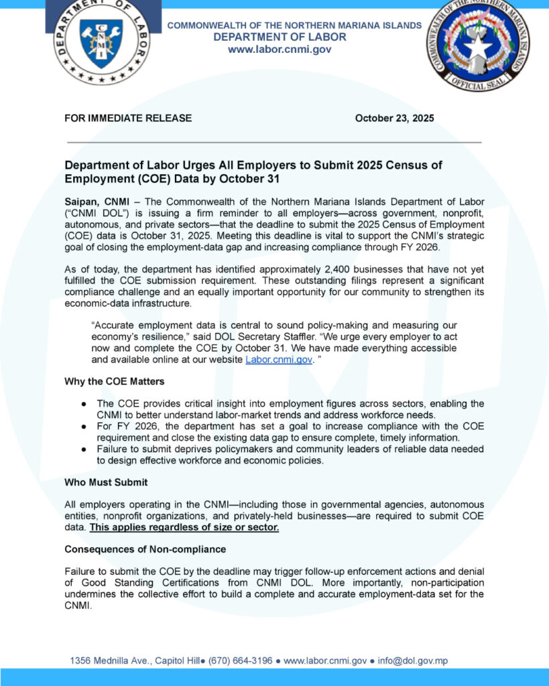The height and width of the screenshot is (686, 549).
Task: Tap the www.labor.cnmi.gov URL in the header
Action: [x=280, y=50]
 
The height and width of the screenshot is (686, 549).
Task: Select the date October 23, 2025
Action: [x=394, y=118]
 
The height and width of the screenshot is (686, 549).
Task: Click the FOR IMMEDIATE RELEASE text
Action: [x=128, y=118]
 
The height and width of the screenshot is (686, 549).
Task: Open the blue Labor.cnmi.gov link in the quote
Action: [x=280, y=359]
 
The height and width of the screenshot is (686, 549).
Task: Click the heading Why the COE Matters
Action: [x=115, y=381]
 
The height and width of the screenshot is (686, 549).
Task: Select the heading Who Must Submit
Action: [x=106, y=482]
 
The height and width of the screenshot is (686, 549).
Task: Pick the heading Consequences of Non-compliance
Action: [x=145, y=549]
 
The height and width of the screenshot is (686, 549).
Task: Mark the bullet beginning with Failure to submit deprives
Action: [x=282, y=455]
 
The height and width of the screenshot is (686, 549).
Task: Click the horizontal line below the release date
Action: [x=273, y=143]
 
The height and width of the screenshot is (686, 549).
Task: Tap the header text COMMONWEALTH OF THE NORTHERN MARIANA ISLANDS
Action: [x=294, y=25]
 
